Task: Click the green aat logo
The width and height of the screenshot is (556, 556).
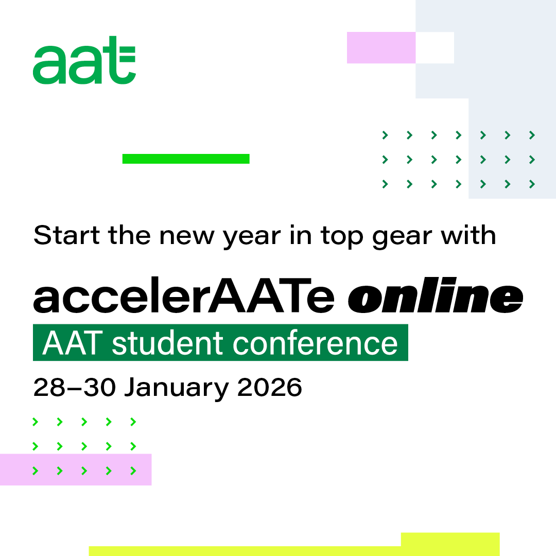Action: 84,60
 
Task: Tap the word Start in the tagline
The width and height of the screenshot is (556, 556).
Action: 66,235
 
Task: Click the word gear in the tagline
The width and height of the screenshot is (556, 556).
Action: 402,237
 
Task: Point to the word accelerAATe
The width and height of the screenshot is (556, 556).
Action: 184,295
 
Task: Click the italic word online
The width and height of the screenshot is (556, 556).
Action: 436,295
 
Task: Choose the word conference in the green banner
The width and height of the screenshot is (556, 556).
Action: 315,343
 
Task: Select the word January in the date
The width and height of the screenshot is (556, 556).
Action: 176,388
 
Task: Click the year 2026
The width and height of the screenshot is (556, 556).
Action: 269,387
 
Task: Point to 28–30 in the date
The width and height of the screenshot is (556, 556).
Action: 75,387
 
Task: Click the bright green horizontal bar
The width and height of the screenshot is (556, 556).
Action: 186,159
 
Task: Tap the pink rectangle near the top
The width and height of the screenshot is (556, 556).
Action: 381,47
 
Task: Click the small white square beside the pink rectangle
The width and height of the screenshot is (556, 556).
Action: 435,47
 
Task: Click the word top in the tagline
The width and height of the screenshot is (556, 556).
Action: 342,236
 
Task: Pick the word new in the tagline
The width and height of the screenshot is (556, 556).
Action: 187,237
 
